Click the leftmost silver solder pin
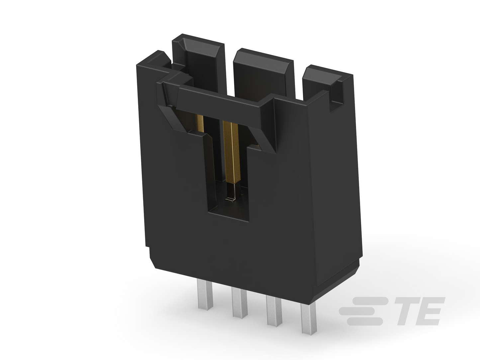(x=205, y=294)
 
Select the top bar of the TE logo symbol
(x=372, y=301)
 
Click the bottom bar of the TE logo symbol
(x=365, y=321)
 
